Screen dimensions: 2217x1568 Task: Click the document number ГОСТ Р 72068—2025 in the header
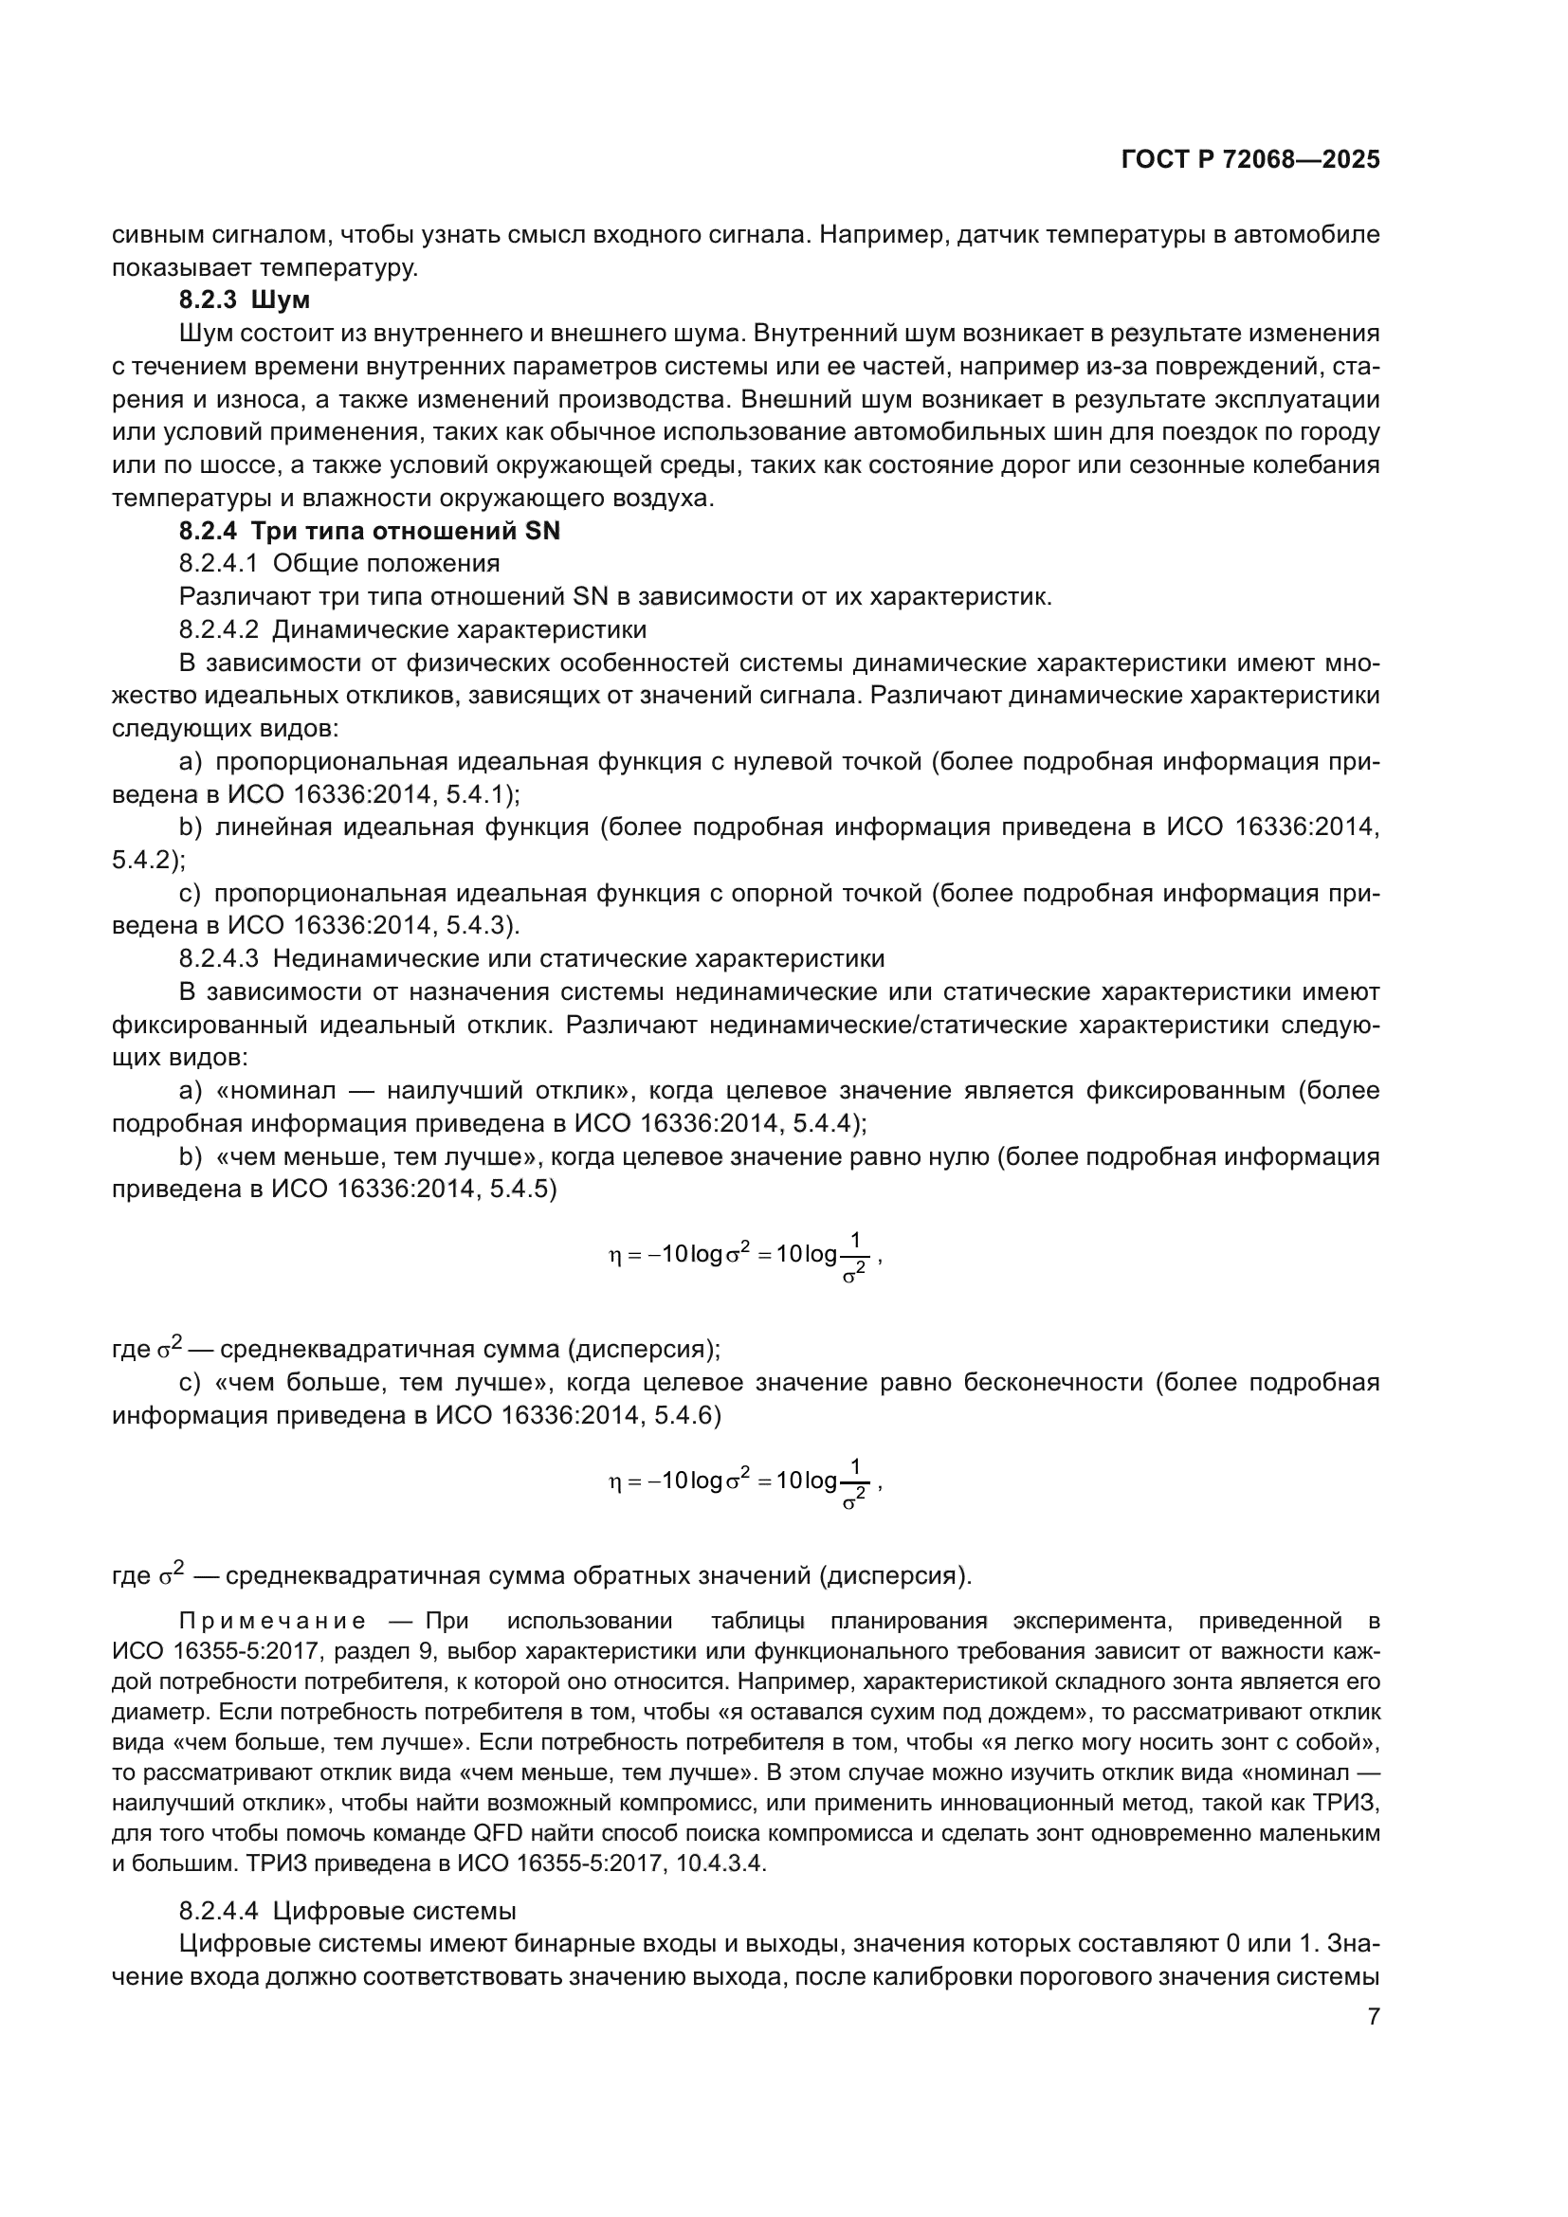[1250, 160]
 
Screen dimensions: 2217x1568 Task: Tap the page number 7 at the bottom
[1373, 2016]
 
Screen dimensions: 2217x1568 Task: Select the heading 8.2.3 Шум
[245, 300]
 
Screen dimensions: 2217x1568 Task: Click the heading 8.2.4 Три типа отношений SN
[369, 531]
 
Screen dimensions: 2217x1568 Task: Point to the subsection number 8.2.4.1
[218, 564]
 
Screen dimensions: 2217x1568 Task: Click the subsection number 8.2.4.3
[218, 959]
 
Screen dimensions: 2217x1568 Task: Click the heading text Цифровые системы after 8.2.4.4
[394, 1911]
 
